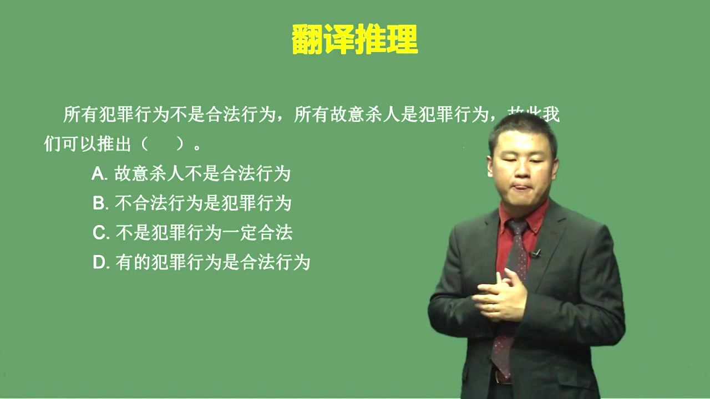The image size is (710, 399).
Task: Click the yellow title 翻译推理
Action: point(354,39)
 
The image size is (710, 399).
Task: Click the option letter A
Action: point(99,174)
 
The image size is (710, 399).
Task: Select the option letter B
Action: point(99,203)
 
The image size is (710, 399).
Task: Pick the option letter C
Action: point(100,233)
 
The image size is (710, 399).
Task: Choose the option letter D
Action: point(100,262)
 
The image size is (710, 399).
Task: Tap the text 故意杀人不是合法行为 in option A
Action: point(202,174)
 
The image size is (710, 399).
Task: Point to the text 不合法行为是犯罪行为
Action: point(203,203)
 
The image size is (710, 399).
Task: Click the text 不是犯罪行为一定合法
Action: point(204,233)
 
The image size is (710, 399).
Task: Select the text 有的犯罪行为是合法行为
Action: point(212,262)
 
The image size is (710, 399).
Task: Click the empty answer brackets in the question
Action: point(162,145)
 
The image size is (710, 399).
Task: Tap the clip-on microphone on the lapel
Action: point(536,254)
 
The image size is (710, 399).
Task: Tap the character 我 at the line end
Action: point(550,115)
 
